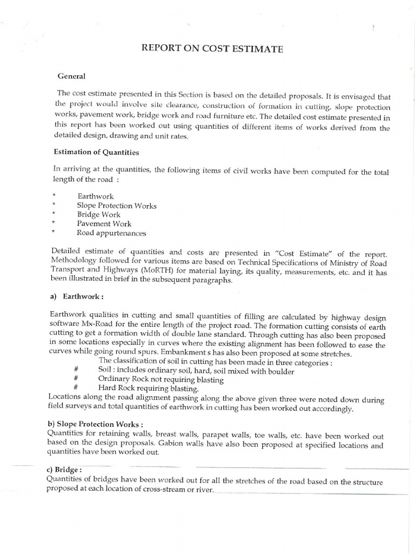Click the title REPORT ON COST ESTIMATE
[x=212, y=49]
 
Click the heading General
[x=72, y=76]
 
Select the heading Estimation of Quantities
[x=95, y=153]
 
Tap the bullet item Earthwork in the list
[x=96, y=196]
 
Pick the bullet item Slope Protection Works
[x=117, y=206]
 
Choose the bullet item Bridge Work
[x=99, y=215]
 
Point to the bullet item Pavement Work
[x=104, y=224]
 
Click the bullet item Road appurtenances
[x=111, y=233]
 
